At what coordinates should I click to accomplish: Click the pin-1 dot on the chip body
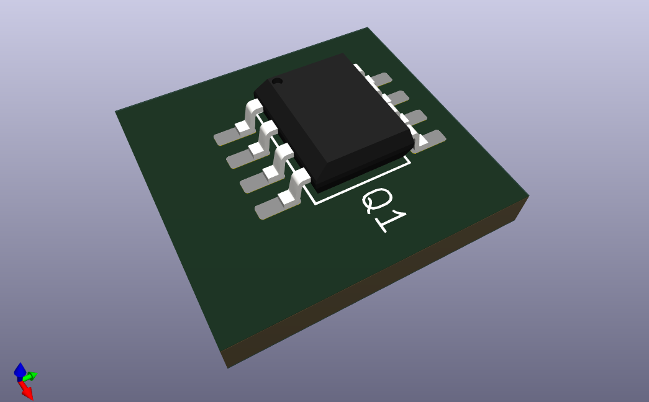[x=278, y=81]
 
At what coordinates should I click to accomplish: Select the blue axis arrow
[x=20, y=370]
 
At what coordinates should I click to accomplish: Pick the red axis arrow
[x=27, y=391]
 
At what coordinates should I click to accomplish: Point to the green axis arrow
[x=31, y=376]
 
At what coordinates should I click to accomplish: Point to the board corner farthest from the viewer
[x=368, y=29]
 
